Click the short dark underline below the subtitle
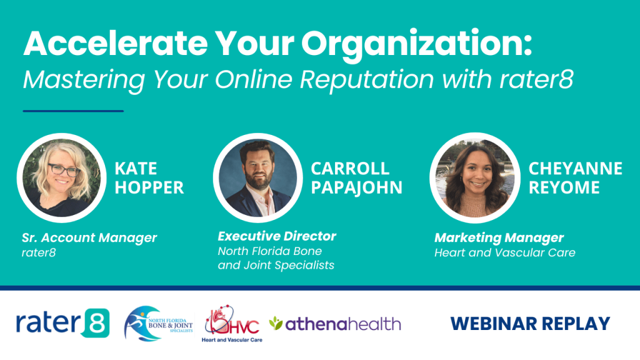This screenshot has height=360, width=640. [x=73, y=111]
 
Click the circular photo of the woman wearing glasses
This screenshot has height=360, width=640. [x=59, y=178]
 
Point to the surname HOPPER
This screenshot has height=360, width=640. [x=149, y=187]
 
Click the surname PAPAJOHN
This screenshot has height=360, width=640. [x=357, y=187]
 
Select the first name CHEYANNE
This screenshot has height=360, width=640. [x=575, y=169]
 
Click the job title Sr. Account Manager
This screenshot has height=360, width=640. [x=89, y=237]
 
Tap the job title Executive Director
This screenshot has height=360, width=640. [x=277, y=236]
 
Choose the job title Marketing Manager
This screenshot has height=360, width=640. [x=499, y=237]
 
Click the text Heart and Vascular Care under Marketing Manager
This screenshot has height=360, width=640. [x=504, y=253]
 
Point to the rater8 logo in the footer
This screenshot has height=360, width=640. [x=62, y=323]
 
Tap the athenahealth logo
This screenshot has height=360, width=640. [x=335, y=324]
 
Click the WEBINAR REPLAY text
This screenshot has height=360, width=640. [x=530, y=324]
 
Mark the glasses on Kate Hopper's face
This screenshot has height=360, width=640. [x=63, y=170]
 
